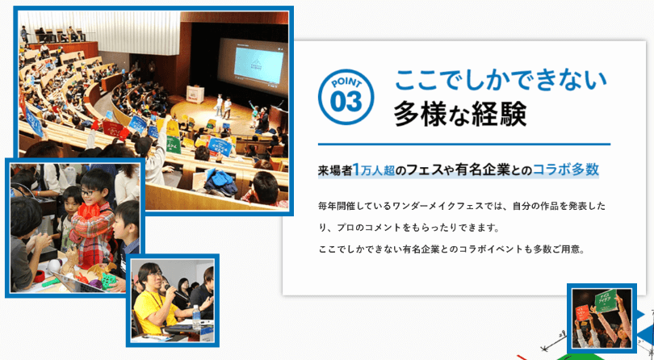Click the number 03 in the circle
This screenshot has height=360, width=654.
pyautogui.click(x=346, y=103)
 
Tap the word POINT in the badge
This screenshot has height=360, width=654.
pyautogui.click(x=346, y=82)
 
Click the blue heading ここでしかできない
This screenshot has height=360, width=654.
pyautogui.click(x=501, y=80)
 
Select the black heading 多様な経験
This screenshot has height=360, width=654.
pyautogui.click(x=460, y=114)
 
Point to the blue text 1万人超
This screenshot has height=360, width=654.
pyautogui.click(x=374, y=170)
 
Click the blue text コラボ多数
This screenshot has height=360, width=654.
pyautogui.click(x=565, y=170)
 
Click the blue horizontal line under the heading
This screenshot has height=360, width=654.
pyautogui.click(x=464, y=144)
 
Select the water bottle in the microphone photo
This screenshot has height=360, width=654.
pyautogui.click(x=196, y=318)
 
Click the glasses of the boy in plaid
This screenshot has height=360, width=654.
pyautogui.click(x=87, y=193)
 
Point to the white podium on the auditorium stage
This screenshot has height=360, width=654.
pyautogui.click(x=195, y=94)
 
